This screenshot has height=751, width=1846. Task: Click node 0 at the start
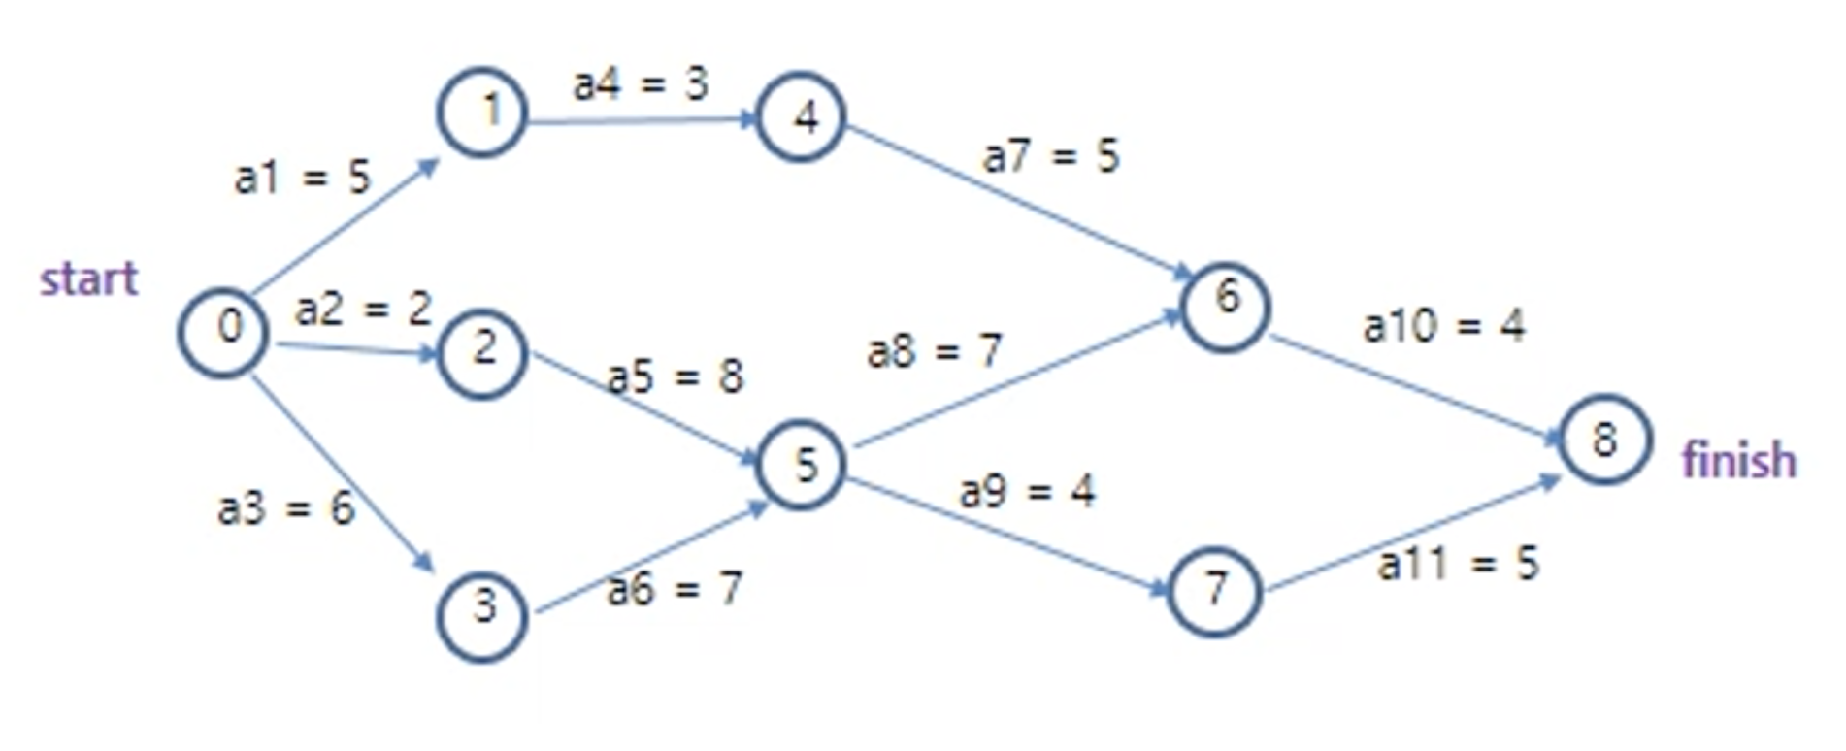(x=223, y=333)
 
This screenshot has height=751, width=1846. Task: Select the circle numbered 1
(x=482, y=113)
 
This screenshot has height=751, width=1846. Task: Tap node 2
(x=482, y=353)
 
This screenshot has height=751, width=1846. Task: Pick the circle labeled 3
(x=482, y=616)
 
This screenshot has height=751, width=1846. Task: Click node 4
(x=801, y=117)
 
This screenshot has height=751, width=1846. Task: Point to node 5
(x=802, y=465)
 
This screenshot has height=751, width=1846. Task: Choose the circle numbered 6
(x=1225, y=307)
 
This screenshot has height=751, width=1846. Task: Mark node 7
(x=1214, y=591)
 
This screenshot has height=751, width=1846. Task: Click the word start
(x=88, y=279)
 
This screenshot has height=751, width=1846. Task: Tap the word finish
(x=1738, y=460)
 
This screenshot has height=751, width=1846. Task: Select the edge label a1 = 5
(x=303, y=178)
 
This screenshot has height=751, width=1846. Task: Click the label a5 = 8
(x=676, y=376)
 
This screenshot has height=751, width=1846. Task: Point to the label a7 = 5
(x=1051, y=156)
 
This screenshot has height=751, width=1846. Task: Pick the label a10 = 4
(x=1443, y=326)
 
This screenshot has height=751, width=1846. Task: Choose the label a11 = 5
(x=1458, y=564)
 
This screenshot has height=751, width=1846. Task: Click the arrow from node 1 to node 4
(x=641, y=121)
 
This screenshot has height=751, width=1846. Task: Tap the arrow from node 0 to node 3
(x=340, y=471)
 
